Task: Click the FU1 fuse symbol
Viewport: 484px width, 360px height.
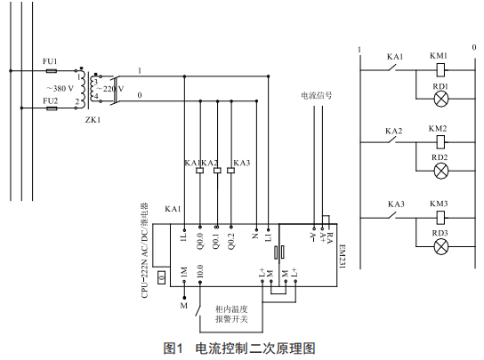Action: coord(52,71)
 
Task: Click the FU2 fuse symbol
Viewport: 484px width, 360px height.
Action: coord(52,108)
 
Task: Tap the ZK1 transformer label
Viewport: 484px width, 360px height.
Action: coord(93,120)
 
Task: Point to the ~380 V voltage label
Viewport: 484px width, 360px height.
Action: coord(60,89)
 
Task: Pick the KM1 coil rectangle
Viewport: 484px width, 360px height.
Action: coord(440,70)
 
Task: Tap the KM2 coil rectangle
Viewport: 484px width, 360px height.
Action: coord(440,142)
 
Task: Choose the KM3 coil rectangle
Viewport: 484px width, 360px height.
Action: coord(440,218)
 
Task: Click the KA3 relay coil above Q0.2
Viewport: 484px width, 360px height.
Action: coord(230,171)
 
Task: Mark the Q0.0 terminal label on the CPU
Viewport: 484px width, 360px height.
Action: coord(200,241)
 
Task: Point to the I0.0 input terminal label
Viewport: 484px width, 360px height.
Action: coord(200,271)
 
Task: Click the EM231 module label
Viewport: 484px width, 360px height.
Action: coord(343,256)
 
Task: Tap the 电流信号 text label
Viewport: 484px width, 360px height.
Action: coord(317,95)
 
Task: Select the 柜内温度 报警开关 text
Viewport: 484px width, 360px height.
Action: coord(231,314)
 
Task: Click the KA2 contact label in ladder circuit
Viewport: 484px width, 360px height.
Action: coord(394,131)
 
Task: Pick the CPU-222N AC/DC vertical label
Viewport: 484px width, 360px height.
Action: coord(145,251)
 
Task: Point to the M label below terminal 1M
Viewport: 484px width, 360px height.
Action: coord(184,306)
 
